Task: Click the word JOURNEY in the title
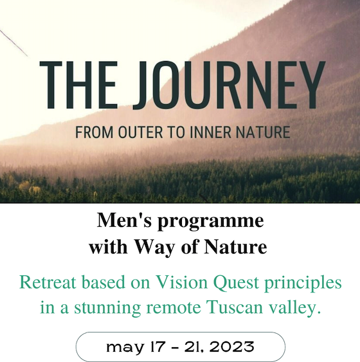[x=229, y=85]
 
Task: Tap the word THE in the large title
[x=78, y=85]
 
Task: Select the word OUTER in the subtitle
[x=141, y=132]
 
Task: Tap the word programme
[x=210, y=222]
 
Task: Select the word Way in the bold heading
[x=155, y=248]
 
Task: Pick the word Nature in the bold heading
[x=235, y=247]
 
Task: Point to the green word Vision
[x=182, y=282]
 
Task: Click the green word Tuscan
[x=235, y=307]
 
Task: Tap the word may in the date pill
[x=125, y=348]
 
